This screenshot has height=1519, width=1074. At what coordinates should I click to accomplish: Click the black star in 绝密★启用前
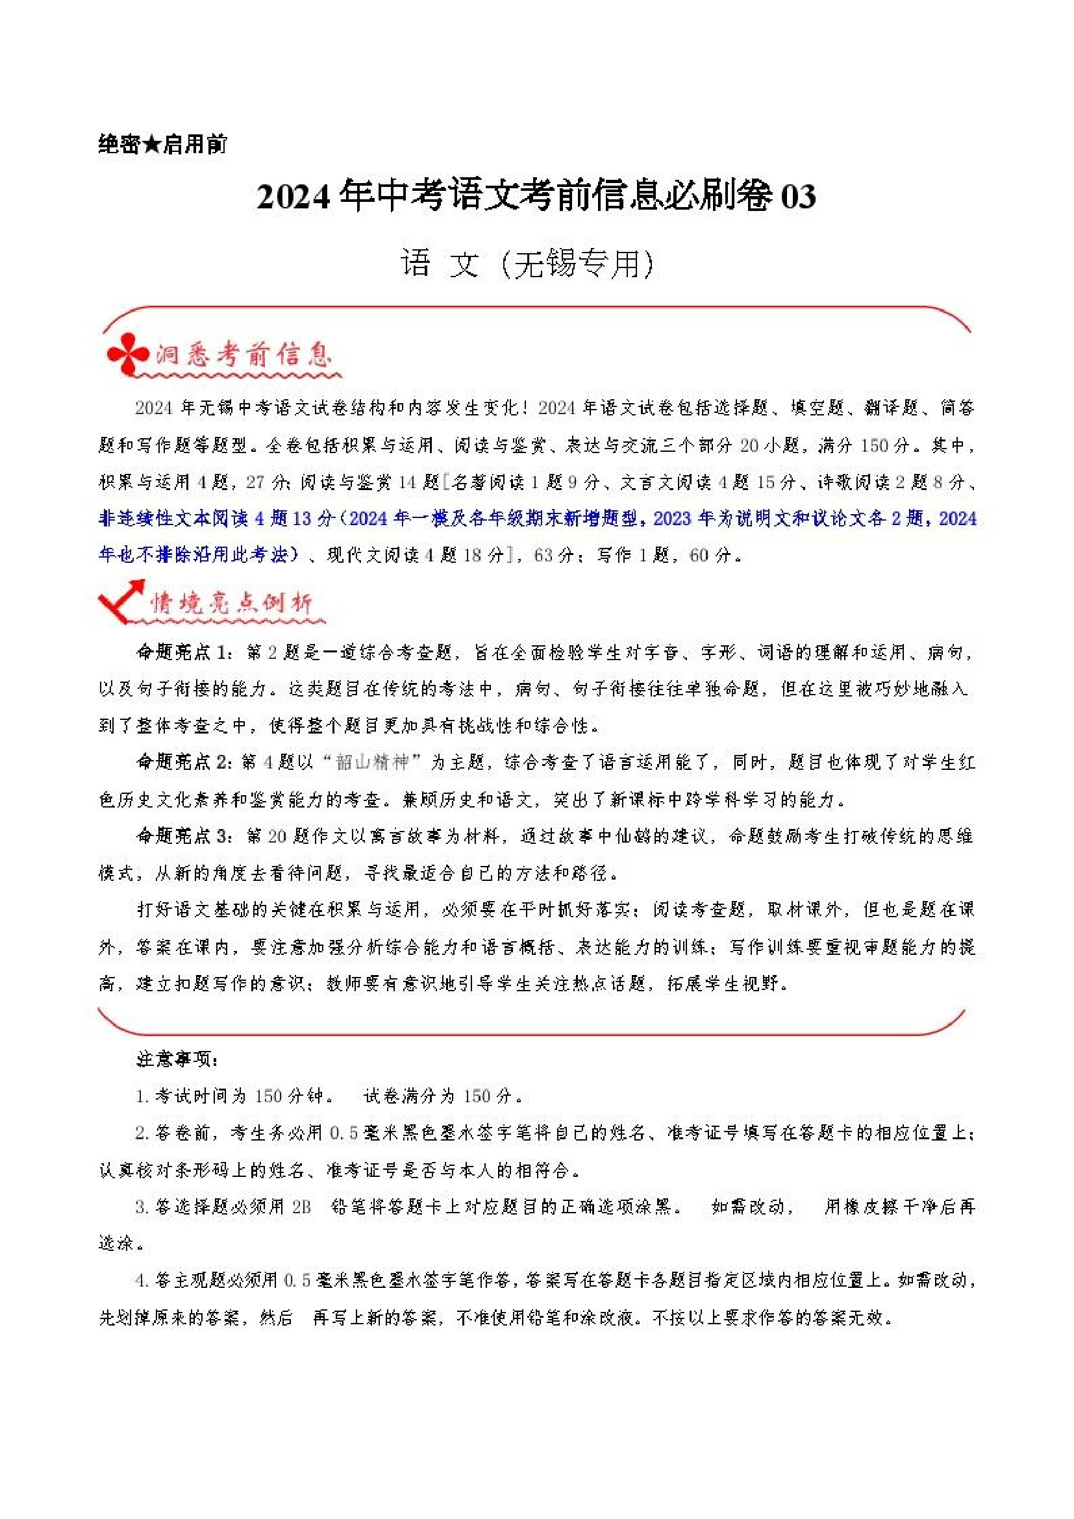[x=151, y=144]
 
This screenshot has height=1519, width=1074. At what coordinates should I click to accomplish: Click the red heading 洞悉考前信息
[x=243, y=355]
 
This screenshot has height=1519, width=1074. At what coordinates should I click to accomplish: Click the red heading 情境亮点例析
[x=231, y=602]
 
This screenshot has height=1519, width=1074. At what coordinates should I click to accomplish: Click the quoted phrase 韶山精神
[x=372, y=763]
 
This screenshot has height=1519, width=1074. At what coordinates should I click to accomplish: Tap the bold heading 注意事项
[x=176, y=1059]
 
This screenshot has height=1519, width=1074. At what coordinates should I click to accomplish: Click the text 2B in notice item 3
[x=301, y=1207]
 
